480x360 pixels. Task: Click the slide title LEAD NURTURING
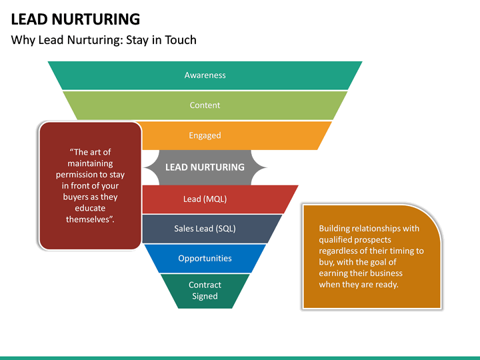pos(75,19)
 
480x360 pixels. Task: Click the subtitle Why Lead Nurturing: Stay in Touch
pos(103,40)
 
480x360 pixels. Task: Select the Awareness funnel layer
pos(205,75)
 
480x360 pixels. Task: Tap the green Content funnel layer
pos(205,105)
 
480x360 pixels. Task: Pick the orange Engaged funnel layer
pos(205,135)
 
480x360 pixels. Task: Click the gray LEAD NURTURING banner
pos(205,167)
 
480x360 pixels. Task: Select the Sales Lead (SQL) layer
pos(205,229)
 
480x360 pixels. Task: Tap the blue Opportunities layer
pos(205,259)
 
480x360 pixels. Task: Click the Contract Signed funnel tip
pos(205,291)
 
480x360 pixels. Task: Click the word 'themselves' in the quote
pos(89,220)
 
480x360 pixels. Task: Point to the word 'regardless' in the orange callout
pos(340,251)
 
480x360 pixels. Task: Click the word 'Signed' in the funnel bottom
pos(205,297)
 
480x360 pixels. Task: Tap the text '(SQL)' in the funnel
pos(225,229)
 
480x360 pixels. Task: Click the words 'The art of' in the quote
pos(90,152)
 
